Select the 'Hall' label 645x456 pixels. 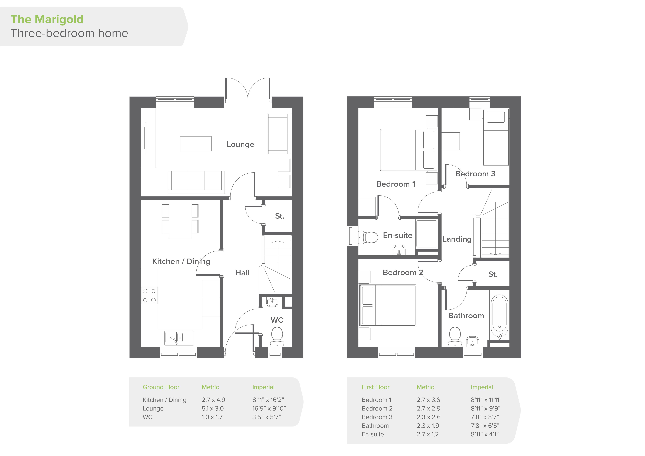coord(242,273)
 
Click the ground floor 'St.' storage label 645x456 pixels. coord(280,216)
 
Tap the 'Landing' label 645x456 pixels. coord(457,239)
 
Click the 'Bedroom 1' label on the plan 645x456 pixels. coord(396,184)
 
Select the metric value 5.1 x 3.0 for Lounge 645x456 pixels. coord(212,409)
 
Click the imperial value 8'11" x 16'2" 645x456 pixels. coord(268,400)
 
